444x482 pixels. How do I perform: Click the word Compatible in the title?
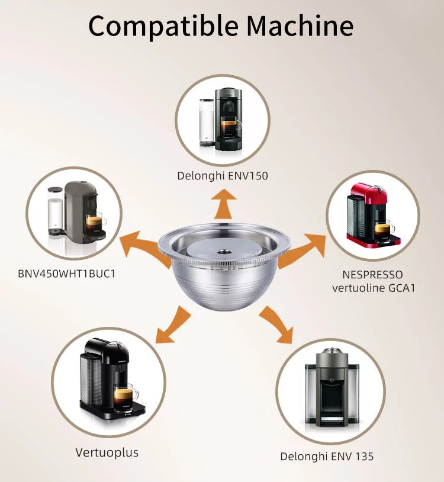pos(163,27)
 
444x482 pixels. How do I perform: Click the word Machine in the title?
pos(300,26)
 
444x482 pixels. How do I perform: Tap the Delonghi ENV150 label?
pos(223,176)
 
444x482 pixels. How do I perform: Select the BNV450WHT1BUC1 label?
pos(66,274)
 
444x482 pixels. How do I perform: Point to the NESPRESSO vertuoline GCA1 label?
pos(374,281)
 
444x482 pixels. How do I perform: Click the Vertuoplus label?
pos(107,452)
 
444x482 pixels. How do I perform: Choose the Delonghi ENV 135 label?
pos(327,457)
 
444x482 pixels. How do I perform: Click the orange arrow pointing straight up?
pos(224,204)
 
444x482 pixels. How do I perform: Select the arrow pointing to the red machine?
pos(302,250)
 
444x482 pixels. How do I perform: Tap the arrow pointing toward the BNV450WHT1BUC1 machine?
pos(144,249)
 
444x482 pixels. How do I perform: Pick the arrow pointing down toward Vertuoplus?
pos(173,325)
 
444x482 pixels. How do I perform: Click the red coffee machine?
pos(373,216)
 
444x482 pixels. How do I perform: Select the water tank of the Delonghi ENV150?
pos(207,122)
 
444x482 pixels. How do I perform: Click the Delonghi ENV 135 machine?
pos(332,387)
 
